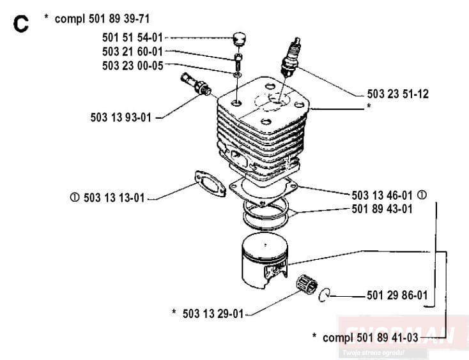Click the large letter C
point(21,24)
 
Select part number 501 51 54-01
point(132,38)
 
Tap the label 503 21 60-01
point(132,52)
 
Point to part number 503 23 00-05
point(132,66)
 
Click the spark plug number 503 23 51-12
point(398,94)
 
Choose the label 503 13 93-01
point(121,117)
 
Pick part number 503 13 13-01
point(114,198)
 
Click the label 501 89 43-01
point(382,209)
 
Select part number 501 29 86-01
point(397,295)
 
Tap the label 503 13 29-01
point(213,313)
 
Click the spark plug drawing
point(290,57)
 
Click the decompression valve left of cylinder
point(196,84)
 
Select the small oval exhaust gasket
point(210,184)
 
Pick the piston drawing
point(265,260)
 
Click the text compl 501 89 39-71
point(102,19)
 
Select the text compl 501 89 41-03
point(371,338)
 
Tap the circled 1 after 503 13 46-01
point(422,195)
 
